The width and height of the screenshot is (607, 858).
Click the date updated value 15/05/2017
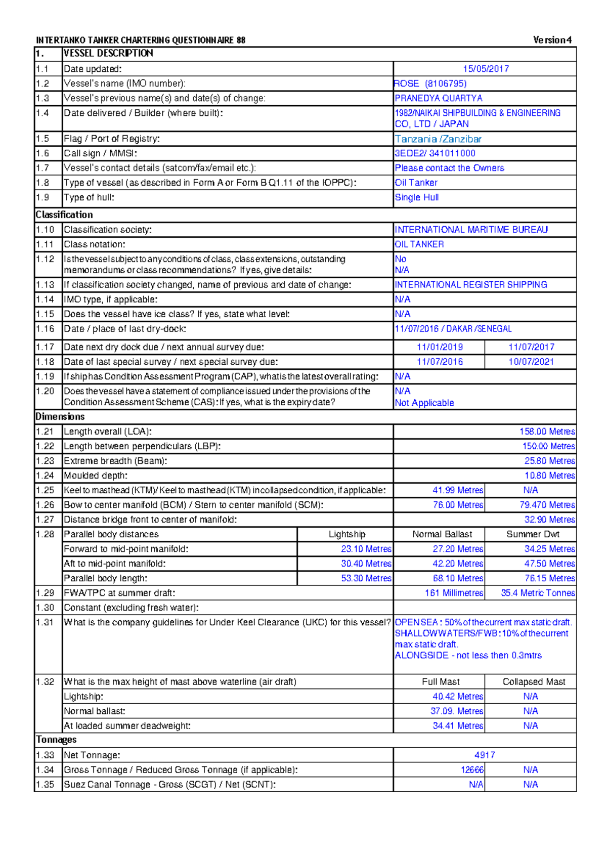485,69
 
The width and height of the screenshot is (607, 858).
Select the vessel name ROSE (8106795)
430,83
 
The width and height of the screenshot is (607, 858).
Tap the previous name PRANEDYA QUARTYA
439,98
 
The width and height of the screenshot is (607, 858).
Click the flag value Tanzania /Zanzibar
438,139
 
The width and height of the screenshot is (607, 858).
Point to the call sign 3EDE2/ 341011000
435,153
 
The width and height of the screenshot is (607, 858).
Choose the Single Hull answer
417,197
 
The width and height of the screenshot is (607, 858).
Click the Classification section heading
64,214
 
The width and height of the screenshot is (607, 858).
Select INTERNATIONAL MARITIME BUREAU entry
471,230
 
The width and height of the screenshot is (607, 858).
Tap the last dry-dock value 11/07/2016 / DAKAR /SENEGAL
453,329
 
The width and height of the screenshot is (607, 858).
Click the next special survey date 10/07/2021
531,362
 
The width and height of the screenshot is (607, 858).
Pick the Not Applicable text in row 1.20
424,403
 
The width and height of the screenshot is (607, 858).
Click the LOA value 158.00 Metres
547,432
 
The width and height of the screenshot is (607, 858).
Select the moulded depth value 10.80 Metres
549,476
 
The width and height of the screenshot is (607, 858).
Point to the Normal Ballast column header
442,534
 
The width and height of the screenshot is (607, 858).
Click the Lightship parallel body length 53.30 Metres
366,578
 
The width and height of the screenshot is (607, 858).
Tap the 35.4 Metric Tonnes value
537,593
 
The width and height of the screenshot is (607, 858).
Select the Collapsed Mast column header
534,682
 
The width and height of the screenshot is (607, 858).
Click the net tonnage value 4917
485,755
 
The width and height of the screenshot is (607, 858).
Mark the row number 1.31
45,622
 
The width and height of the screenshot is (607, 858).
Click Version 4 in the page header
552,40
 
